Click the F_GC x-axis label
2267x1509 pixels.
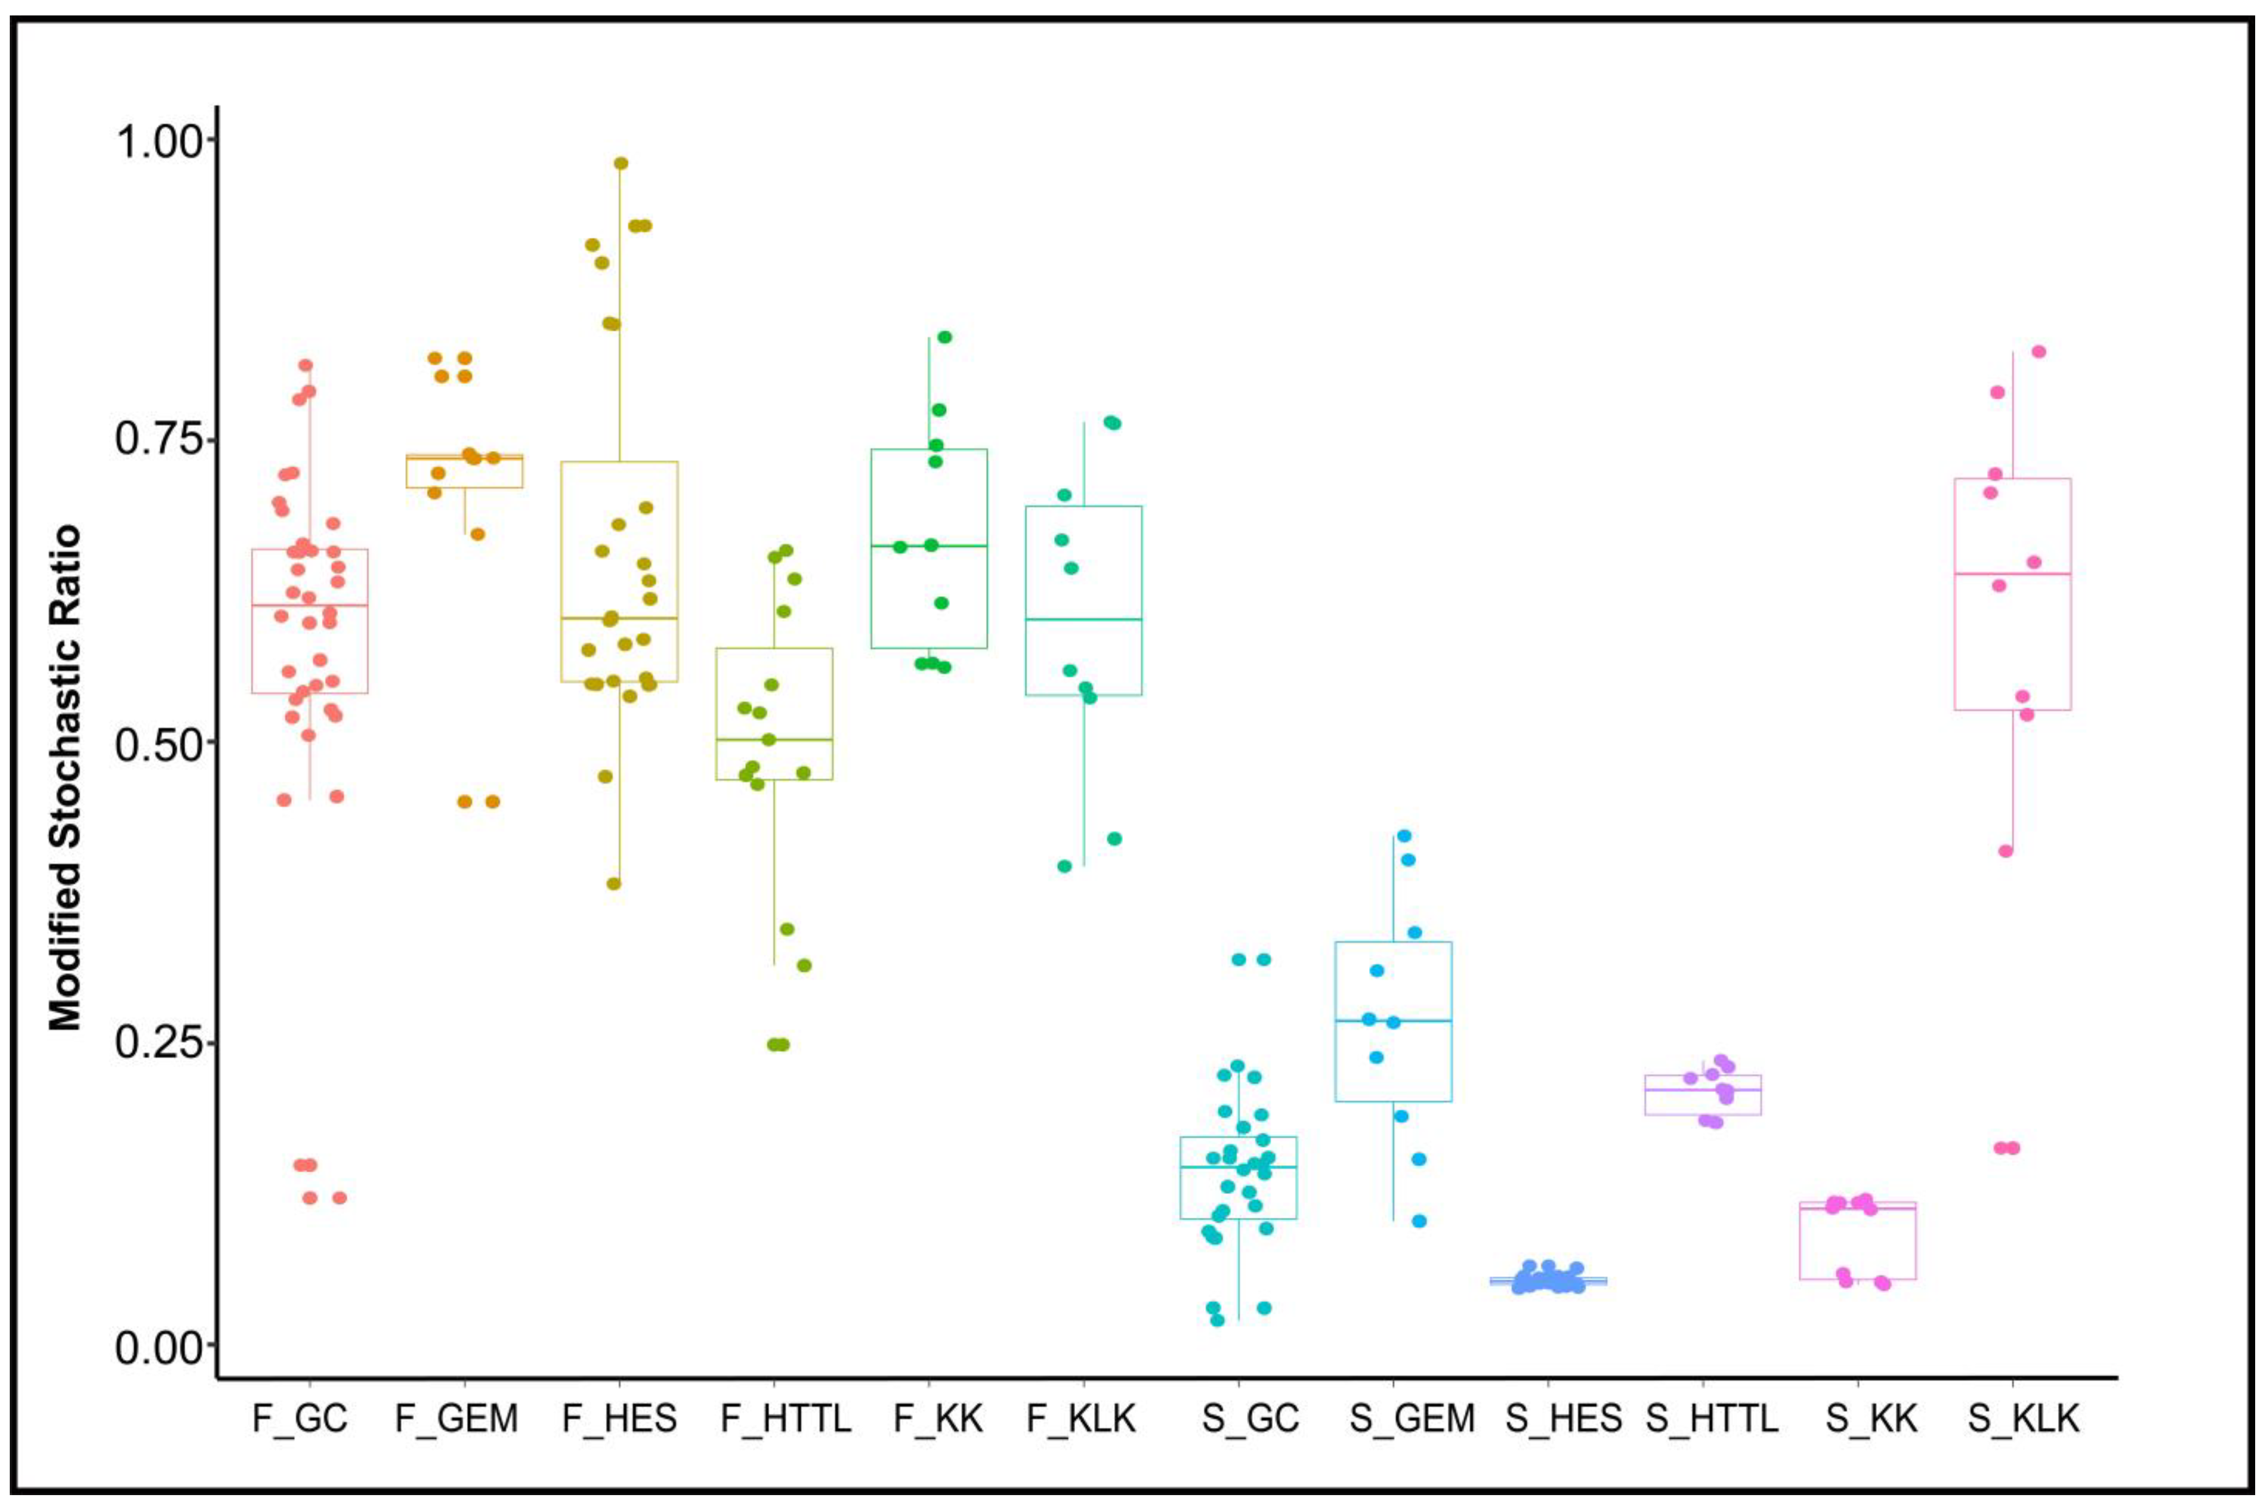click(x=299, y=1418)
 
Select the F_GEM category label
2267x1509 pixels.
click(x=456, y=1418)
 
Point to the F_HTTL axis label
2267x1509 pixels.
click(x=785, y=1418)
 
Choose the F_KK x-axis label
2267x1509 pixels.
click(x=938, y=1418)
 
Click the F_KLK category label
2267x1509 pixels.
click(x=1082, y=1418)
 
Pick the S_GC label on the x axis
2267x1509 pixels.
click(x=1250, y=1418)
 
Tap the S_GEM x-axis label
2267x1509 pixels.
click(x=1412, y=1418)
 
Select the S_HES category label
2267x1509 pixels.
click(x=1563, y=1418)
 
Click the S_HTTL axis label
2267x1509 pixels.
click(x=1712, y=1418)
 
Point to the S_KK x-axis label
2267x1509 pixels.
click(x=1872, y=1418)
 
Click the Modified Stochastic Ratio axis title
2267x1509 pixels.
click(x=65, y=778)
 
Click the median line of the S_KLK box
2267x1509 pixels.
click(x=2013, y=573)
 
